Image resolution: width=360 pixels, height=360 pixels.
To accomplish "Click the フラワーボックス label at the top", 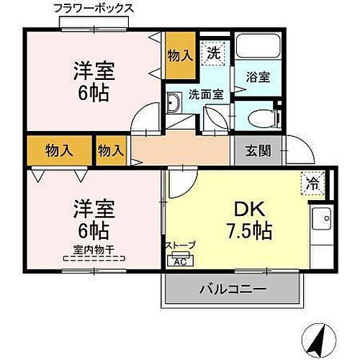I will (x=94, y=9).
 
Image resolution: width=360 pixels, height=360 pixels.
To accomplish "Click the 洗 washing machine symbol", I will (x=213, y=52).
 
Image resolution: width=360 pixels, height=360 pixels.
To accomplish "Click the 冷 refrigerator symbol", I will (x=314, y=183).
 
